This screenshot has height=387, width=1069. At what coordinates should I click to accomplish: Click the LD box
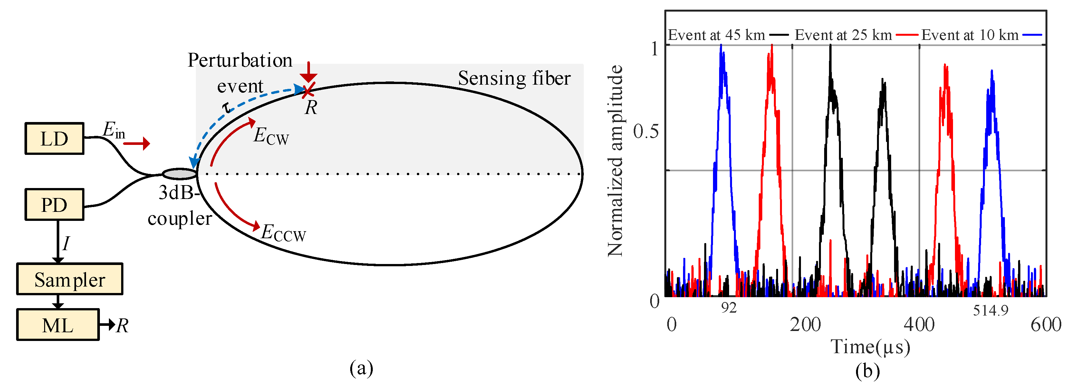tap(54, 138)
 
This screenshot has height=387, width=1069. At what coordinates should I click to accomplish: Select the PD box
tap(54, 204)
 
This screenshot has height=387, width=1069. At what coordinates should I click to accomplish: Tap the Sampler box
tap(70, 279)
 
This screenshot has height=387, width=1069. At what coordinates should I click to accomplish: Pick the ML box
tap(58, 325)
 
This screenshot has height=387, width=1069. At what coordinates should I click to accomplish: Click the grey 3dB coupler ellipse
tap(179, 174)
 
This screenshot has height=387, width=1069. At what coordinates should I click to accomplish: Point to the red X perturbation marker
tap(308, 90)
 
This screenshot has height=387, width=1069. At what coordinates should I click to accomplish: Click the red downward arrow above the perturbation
tap(308, 72)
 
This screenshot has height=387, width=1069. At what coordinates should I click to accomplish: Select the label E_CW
tap(271, 136)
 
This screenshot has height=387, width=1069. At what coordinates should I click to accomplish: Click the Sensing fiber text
tap(514, 78)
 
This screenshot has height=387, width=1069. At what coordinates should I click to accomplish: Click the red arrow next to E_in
tap(137, 144)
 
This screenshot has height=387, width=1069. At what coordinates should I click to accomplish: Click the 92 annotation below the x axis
tap(729, 308)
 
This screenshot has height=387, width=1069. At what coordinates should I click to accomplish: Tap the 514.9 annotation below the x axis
tap(991, 310)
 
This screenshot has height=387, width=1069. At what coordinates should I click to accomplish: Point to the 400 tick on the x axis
tap(919, 324)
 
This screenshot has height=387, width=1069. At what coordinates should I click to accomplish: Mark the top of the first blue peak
tap(722, 46)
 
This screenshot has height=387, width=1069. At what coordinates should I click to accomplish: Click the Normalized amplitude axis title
tap(615, 161)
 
